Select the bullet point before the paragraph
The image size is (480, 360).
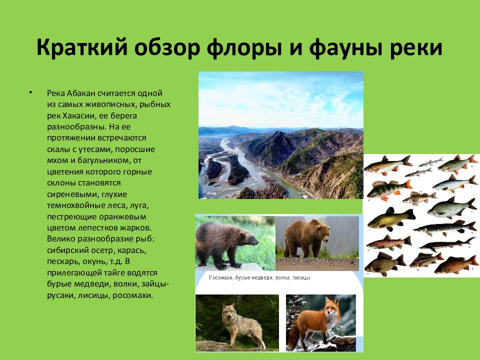30,93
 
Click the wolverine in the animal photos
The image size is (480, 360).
224,242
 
